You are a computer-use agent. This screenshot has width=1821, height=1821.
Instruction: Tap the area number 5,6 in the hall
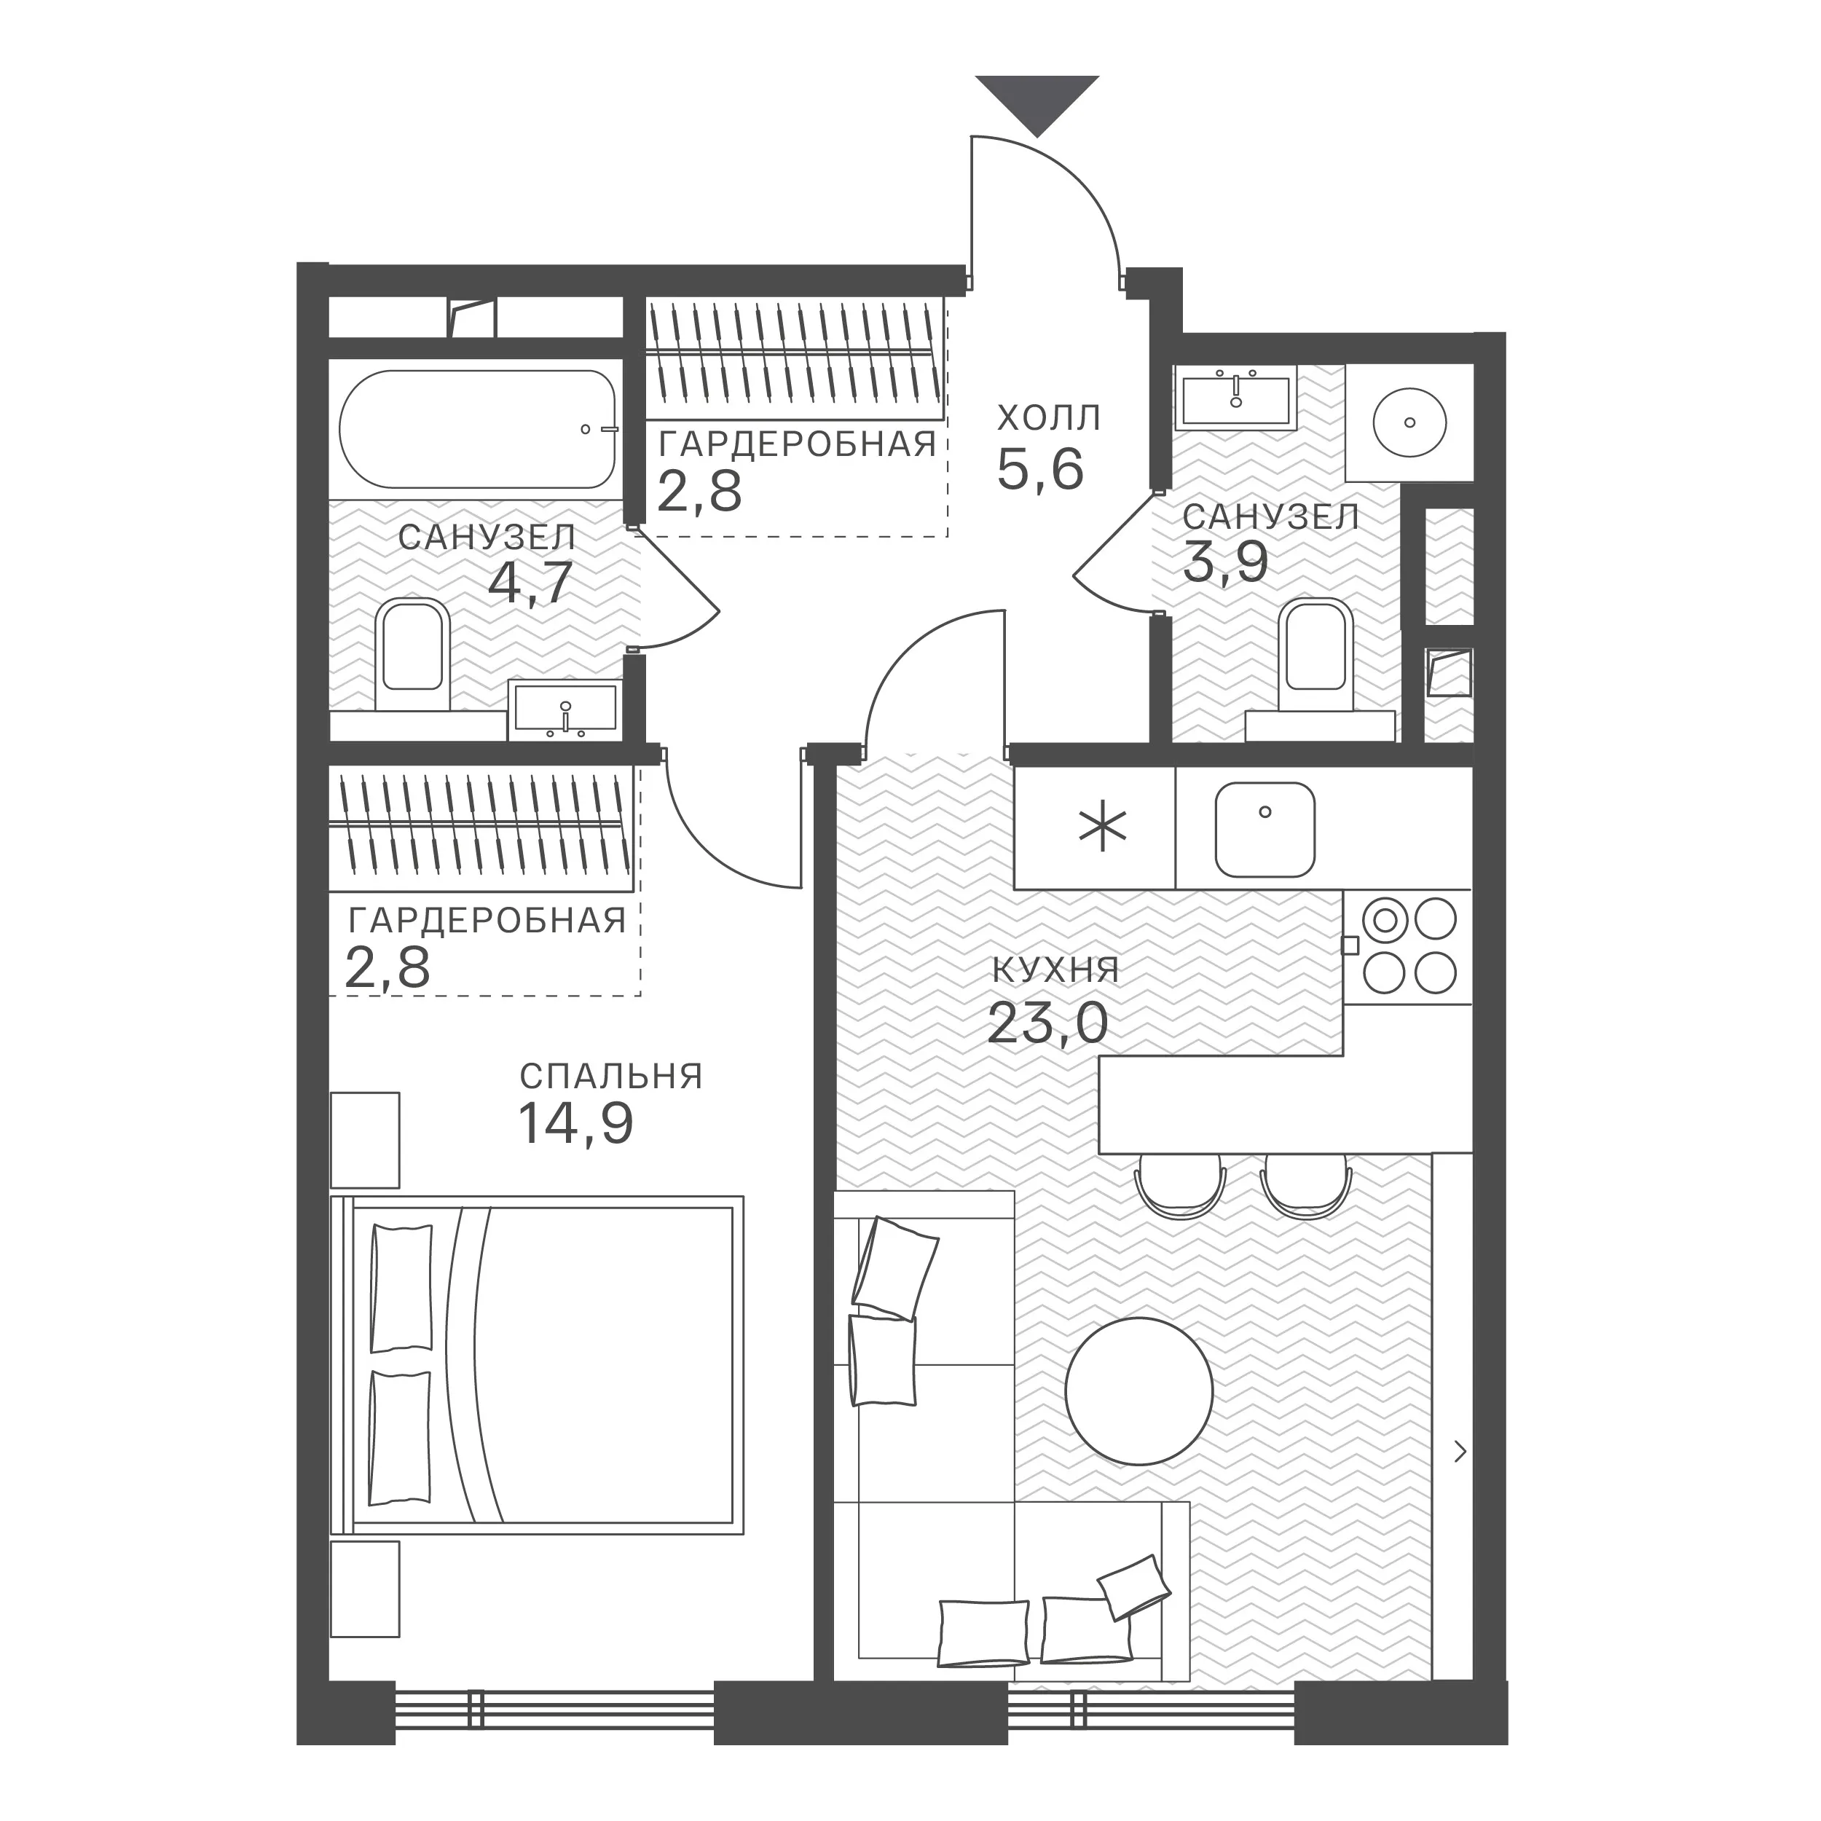point(1041,469)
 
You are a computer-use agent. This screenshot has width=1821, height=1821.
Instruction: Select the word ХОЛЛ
point(1048,417)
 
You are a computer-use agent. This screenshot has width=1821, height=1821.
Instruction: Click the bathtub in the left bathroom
point(478,429)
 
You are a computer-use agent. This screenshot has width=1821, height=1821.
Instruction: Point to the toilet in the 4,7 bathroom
point(411,653)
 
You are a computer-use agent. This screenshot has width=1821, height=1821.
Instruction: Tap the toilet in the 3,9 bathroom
point(1315,653)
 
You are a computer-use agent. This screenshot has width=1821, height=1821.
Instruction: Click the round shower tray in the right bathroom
point(1409,422)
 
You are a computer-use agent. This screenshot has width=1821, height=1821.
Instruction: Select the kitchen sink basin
point(1265,830)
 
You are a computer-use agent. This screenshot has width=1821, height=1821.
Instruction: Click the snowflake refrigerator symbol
point(1102,830)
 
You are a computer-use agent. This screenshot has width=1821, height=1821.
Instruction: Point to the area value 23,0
point(1047,1023)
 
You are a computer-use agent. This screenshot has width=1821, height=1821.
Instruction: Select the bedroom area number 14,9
point(576,1122)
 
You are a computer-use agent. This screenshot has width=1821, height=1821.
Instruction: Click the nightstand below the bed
point(365,1588)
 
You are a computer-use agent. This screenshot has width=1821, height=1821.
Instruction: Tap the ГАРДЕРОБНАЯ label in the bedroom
point(487,920)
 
